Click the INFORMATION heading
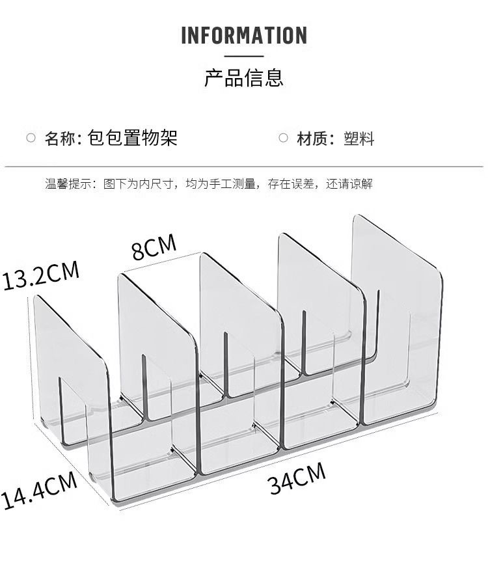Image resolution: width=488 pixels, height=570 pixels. pyautogui.click(x=244, y=35)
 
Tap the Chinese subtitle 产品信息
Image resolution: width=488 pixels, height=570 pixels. pyautogui.click(x=244, y=78)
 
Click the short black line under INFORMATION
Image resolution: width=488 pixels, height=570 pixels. pyautogui.click(x=244, y=57)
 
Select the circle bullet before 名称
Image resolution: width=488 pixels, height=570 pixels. pyautogui.click(x=31, y=138)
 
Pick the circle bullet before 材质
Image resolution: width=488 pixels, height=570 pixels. pyautogui.click(x=283, y=138)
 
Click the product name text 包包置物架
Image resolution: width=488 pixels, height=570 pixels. pyautogui.click(x=132, y=138)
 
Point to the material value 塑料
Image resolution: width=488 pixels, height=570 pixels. pyautogui.click(x=359, y=139)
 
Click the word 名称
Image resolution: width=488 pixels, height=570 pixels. pyautogui.click(x=60, y=138)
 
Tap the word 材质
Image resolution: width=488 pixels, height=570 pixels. pyautogui.click(x=312, y=139)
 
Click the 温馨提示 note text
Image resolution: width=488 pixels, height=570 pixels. pyautogui.click(x=208, y=184)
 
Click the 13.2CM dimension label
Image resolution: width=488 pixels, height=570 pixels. pyautogui.click(x=40, y=276)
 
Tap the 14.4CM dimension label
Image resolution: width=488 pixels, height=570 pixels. pyautogui.click(x=39, y=491)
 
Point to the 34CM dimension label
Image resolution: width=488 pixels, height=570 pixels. pyautogui.click(x=297, y=480)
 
